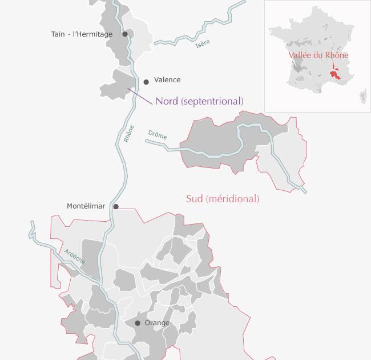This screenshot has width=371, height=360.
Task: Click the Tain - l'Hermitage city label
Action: [82, 34]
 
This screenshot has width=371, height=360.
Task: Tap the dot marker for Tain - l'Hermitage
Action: [125, 34]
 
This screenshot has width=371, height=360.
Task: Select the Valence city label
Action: [167, 80]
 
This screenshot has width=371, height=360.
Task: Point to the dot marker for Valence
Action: [146, 82]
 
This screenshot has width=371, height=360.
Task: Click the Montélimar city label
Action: [86, 206]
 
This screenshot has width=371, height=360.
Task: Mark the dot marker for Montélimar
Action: [116, 207]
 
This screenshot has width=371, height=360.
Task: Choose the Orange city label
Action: [157, 323]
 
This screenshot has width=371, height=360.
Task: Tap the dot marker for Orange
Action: [138, 323]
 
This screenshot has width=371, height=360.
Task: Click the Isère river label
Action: [203, 44]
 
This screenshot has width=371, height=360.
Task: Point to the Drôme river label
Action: [157, 135]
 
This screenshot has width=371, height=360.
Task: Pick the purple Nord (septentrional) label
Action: [199, 101]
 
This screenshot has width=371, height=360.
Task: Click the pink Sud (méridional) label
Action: [223, 199]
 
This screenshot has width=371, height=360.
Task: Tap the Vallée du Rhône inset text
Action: [318, 55]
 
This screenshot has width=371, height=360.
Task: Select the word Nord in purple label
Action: [167, 101]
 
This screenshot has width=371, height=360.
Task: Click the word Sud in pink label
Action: [196, 199]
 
